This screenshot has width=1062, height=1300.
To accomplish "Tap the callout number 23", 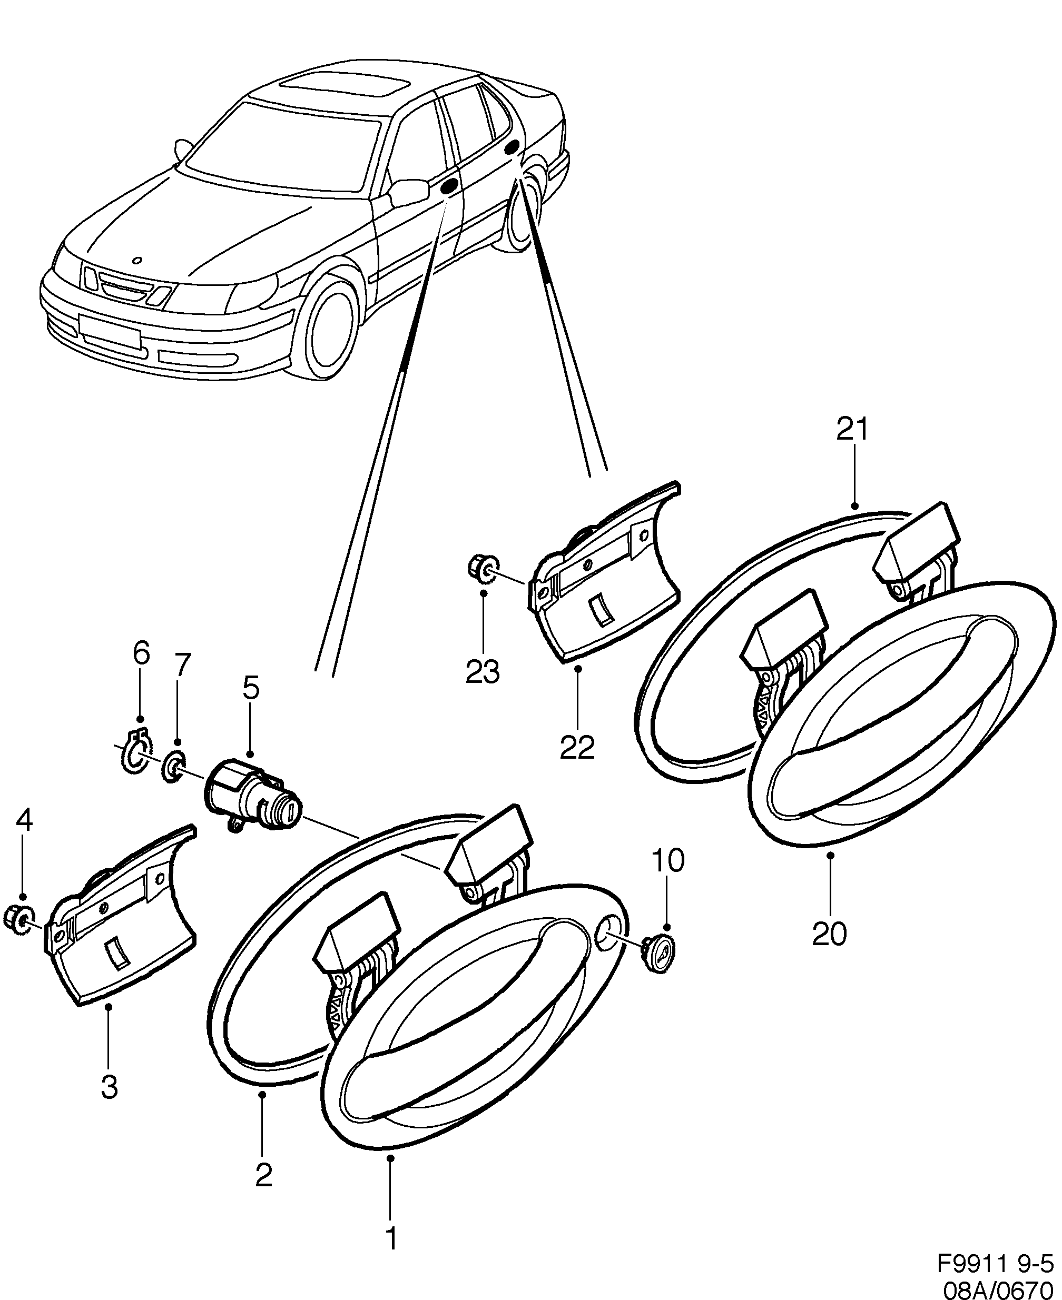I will pos(483,672).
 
